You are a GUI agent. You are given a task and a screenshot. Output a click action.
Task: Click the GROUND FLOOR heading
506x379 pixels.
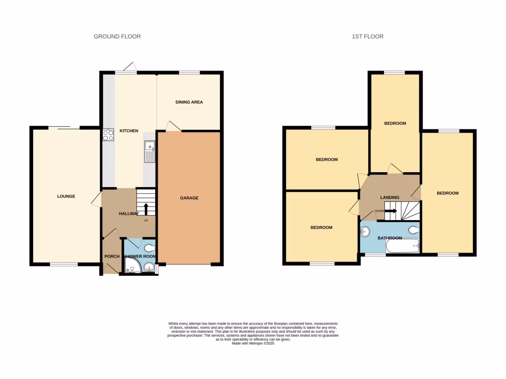pos(117,37)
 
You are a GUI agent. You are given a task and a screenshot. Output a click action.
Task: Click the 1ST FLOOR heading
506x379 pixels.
pos(367,37)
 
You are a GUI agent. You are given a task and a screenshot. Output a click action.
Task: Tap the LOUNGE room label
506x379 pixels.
pos(66,196)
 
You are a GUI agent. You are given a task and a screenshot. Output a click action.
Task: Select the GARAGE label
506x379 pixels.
pos(189,198)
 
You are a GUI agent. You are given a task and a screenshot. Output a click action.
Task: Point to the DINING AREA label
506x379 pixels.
pos(189,102)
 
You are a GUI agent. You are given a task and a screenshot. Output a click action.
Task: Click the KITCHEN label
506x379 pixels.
pos(128,131)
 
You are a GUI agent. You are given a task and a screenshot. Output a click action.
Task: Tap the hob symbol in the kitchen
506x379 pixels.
pos(108,135)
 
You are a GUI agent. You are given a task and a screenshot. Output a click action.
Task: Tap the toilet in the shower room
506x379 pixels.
pos(150,248)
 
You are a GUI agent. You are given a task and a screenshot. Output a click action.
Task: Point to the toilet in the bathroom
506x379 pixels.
pos(414,229)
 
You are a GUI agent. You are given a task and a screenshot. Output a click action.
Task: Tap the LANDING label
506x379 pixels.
pos(389,198)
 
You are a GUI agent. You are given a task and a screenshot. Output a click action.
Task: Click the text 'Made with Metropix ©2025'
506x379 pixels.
pos(253,343)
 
